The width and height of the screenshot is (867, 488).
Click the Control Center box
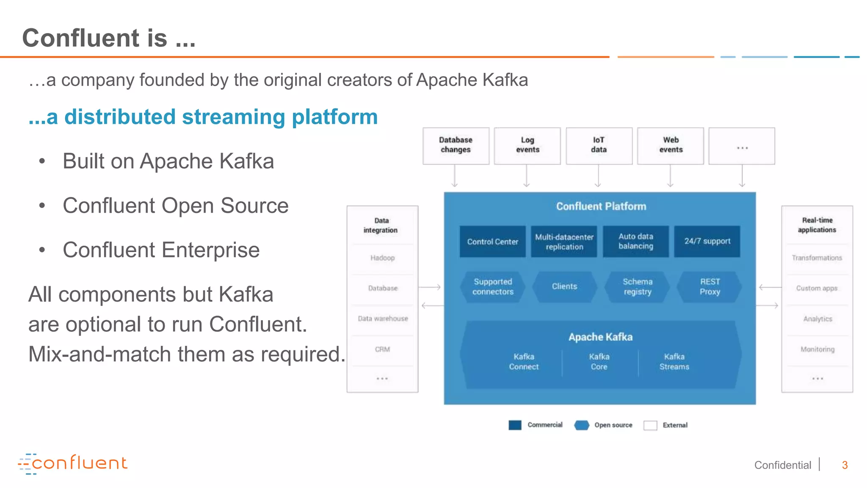(x=492, y=241)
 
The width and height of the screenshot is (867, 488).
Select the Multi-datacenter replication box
(x=564, y=241)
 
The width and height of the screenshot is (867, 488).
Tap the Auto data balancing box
(x=635, y=241)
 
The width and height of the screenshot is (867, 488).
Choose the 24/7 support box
(x=707, y=241)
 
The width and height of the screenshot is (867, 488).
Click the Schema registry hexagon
(x=637, y=287)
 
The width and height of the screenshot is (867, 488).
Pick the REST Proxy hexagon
(x=710, y=287)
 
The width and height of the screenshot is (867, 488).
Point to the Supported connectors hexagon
(x=493, y=287)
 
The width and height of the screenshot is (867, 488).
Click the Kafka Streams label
(x=674, y=362)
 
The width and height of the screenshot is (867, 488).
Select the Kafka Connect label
(x=524, y=362)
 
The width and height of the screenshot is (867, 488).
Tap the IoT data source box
(x=599, y=145)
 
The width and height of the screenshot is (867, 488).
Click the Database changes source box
(x=456, y=145)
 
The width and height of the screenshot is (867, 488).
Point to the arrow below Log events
(x=527, y=176)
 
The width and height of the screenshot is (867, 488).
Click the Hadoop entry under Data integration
(x=382, y=258)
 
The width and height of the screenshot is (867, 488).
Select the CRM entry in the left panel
(x=382, y=349)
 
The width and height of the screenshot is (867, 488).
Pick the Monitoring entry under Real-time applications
(x=817, y=349)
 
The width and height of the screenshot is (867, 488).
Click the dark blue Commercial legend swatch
(x=515, y=425)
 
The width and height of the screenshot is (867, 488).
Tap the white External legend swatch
(x=650, y=425)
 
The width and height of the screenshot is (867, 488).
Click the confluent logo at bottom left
(x=73, y=464)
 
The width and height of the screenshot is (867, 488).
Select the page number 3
(x=845, y=465)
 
